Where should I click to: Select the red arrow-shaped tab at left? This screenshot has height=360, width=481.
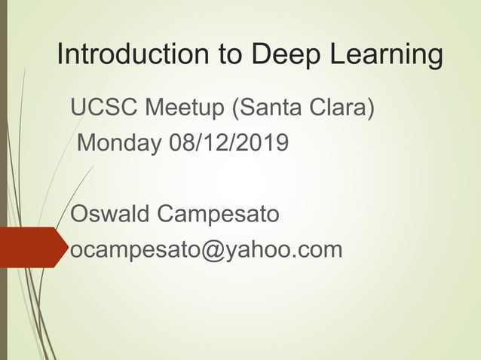pos(30,247)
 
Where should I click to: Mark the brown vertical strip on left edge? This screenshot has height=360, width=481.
pos(4,180)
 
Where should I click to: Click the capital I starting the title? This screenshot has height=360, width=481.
pos(62,54)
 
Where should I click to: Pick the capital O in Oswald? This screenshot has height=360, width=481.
pos(80,214)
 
